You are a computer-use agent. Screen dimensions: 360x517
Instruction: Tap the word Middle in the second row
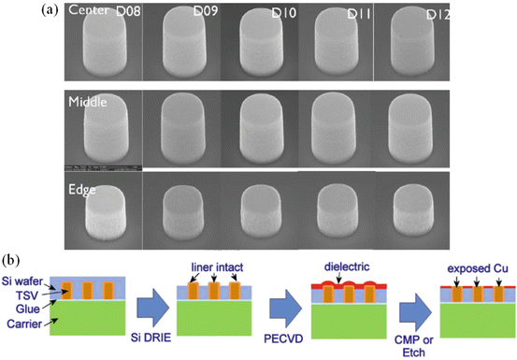coord(85,99)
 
